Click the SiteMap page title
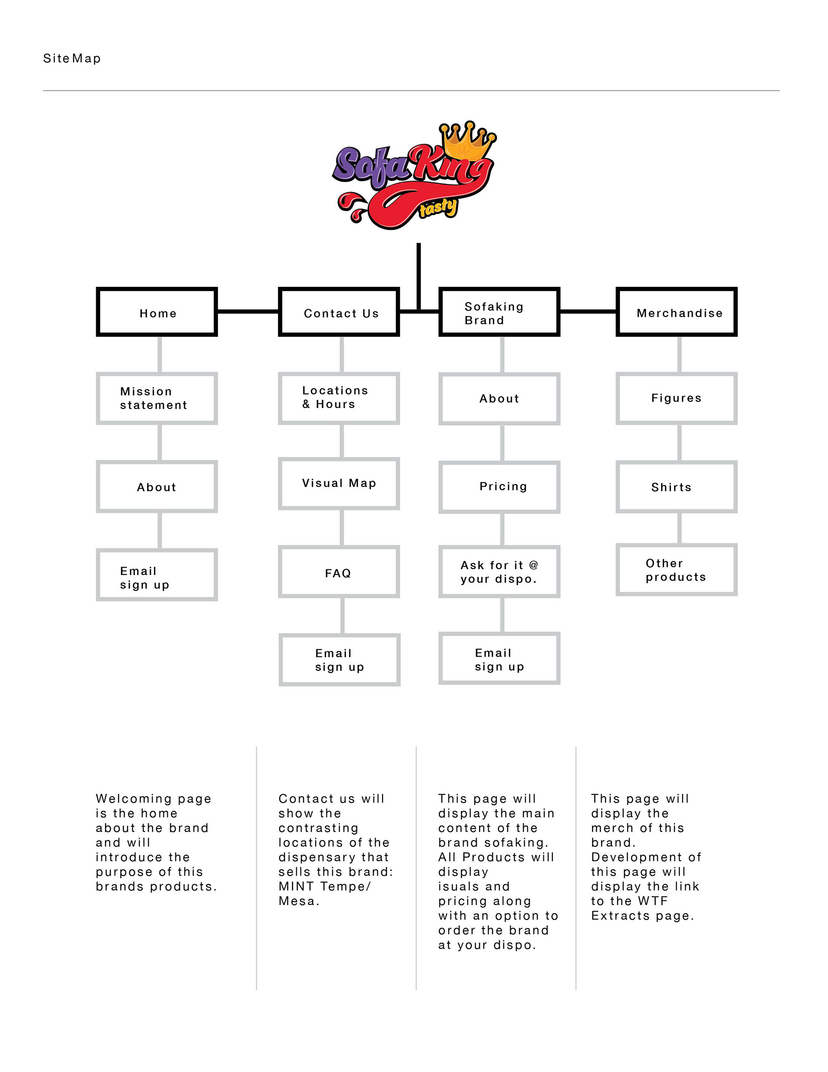pos(72,58)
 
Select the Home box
pos(157,312)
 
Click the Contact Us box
pos(339,312)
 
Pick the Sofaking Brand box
pos(499,312)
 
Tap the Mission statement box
pos(157,398)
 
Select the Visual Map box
pos(339,484)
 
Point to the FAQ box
pos(339,572)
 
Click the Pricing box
pos(499,487)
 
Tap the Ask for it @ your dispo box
pos(499,572)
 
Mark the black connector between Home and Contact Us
pos(248,311)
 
